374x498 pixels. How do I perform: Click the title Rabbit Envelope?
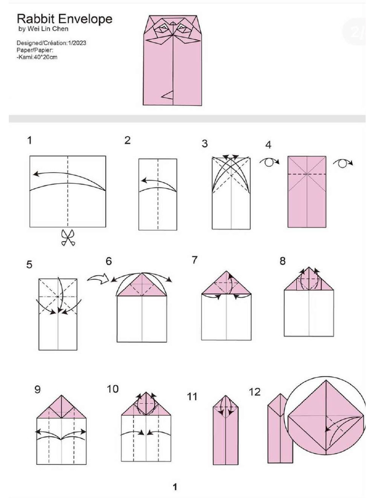[64, 19]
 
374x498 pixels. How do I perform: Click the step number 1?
[30, 141]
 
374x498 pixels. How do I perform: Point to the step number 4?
[268, 145]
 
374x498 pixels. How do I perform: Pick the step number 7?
[195, 260]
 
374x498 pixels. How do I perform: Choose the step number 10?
[112, 389]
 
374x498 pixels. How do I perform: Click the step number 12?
[255, 391]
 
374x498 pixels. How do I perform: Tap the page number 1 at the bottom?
[175, 486]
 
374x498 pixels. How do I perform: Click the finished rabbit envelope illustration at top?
[172, 60]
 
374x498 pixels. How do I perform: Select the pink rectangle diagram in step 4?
[307, 192]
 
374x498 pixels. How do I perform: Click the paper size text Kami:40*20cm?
[37, 57]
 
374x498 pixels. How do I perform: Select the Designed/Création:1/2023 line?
[52, 43]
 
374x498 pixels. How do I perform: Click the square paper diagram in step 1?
[68, 191]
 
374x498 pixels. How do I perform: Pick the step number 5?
[30, 265]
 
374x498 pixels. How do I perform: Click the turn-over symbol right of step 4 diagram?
[342, 163]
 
